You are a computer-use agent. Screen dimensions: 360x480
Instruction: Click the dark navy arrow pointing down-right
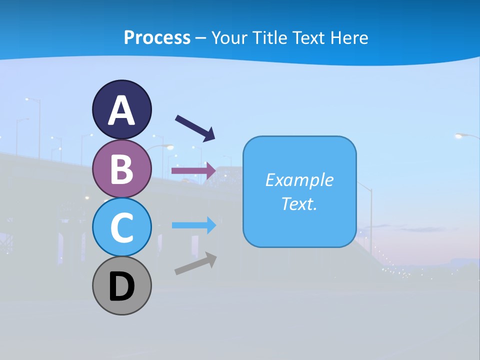[194, 127]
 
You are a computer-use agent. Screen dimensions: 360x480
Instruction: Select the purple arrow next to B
[193, 170]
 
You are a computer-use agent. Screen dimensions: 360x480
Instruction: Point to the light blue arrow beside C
[193, 225]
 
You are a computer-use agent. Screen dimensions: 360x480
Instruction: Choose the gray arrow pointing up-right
[195, 263]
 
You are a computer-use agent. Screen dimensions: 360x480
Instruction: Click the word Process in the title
[157, 37]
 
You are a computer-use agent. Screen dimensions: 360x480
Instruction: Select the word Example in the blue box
[299, 180]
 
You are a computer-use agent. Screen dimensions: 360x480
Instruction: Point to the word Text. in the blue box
[299, 203]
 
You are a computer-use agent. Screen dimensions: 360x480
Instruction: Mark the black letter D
[121, 287]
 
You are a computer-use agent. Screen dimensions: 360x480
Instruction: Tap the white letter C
[121, 228]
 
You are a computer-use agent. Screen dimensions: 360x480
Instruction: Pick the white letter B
[121, 169]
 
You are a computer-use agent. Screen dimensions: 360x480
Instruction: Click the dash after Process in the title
[200, 38]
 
